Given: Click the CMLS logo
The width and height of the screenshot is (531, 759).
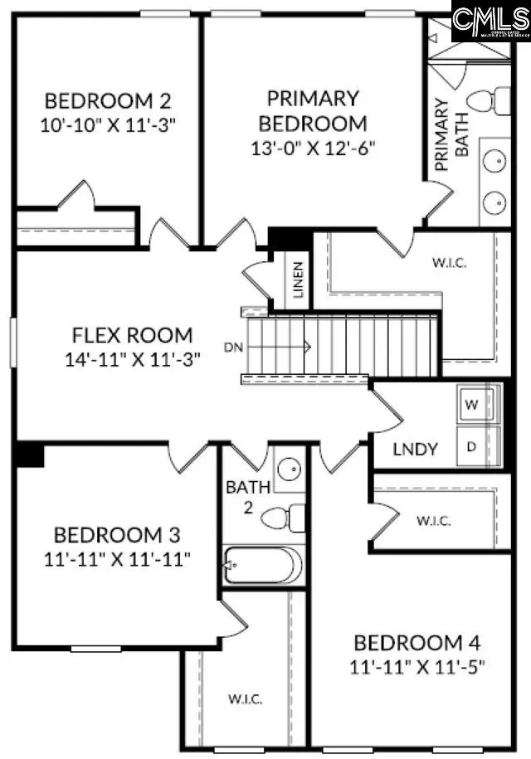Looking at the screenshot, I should [490, 21].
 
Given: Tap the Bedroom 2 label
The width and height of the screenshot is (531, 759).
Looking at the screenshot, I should [108, 102].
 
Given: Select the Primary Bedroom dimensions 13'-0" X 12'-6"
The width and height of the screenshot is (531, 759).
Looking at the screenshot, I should [313, 148].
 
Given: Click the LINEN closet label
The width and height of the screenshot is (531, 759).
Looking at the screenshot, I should [299, 280].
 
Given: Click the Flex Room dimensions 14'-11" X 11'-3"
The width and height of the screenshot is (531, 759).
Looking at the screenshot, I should [133, 360].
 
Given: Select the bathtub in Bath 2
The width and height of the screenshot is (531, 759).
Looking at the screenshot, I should [262, 566].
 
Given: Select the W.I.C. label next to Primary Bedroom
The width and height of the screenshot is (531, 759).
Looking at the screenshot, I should [449, 264].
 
